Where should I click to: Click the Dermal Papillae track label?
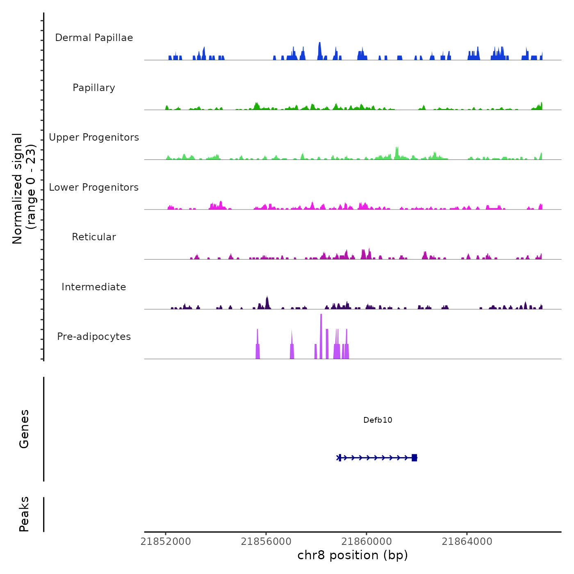[x=94, y=38]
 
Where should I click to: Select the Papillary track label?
[x=94, y=88]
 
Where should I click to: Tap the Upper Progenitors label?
[x=94, y=137]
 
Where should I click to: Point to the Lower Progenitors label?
[x=94, y=187]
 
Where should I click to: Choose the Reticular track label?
[x=94, y=237]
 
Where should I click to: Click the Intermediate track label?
[x=94, y=287]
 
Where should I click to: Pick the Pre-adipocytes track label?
[x=94, y=337]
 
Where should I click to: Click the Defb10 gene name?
[x=378, y=420]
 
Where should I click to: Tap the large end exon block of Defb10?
[x=415, y=458]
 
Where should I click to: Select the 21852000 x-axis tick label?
[x=166, y=542]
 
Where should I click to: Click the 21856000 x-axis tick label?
[x=266, y=542]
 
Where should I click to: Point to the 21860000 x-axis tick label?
[x=367, y=542]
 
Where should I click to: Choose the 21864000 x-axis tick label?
[x=467, y=542]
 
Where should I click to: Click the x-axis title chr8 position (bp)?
[x=353, y=555]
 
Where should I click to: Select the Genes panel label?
[x=24, y=429]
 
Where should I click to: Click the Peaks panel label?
[x=24, y=514]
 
